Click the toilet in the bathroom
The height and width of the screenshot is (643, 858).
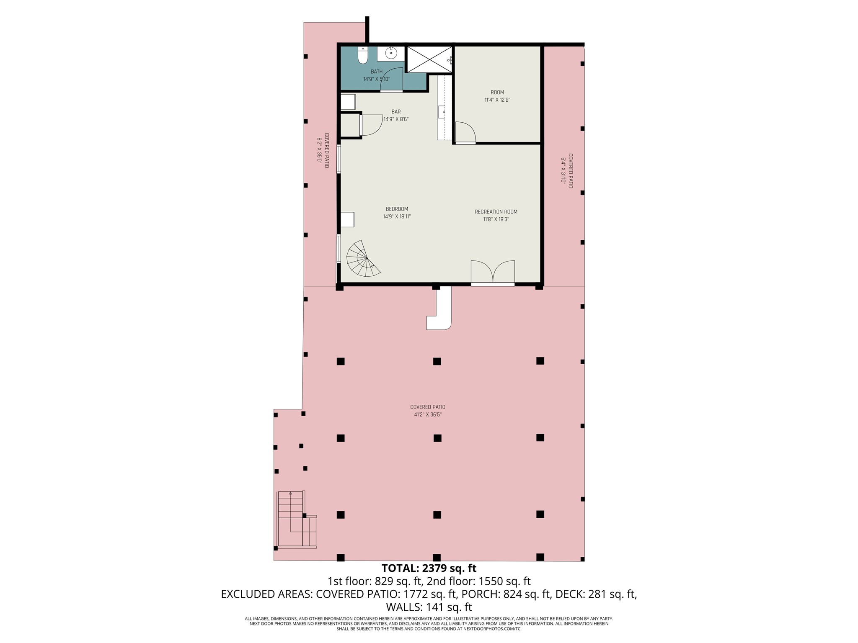click(363, 56)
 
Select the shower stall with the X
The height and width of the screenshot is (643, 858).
click(429, 59)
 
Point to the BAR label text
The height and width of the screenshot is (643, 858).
click(396, 112)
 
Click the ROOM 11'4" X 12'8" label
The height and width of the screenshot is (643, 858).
click(497, 96)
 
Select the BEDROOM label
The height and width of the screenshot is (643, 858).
click(397, 213)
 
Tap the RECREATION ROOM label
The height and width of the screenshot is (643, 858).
click(496, 215)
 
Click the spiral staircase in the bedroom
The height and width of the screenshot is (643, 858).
click(362, 260)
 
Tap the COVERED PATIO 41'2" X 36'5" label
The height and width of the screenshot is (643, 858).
click(428, 411)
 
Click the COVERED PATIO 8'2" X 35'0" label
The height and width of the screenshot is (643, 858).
click(323, 150)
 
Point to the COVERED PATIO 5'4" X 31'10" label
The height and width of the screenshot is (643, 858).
click(567, 170)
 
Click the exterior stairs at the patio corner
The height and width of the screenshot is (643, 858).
click(295, 520)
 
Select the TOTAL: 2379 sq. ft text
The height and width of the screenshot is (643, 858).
click(429, 568)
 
